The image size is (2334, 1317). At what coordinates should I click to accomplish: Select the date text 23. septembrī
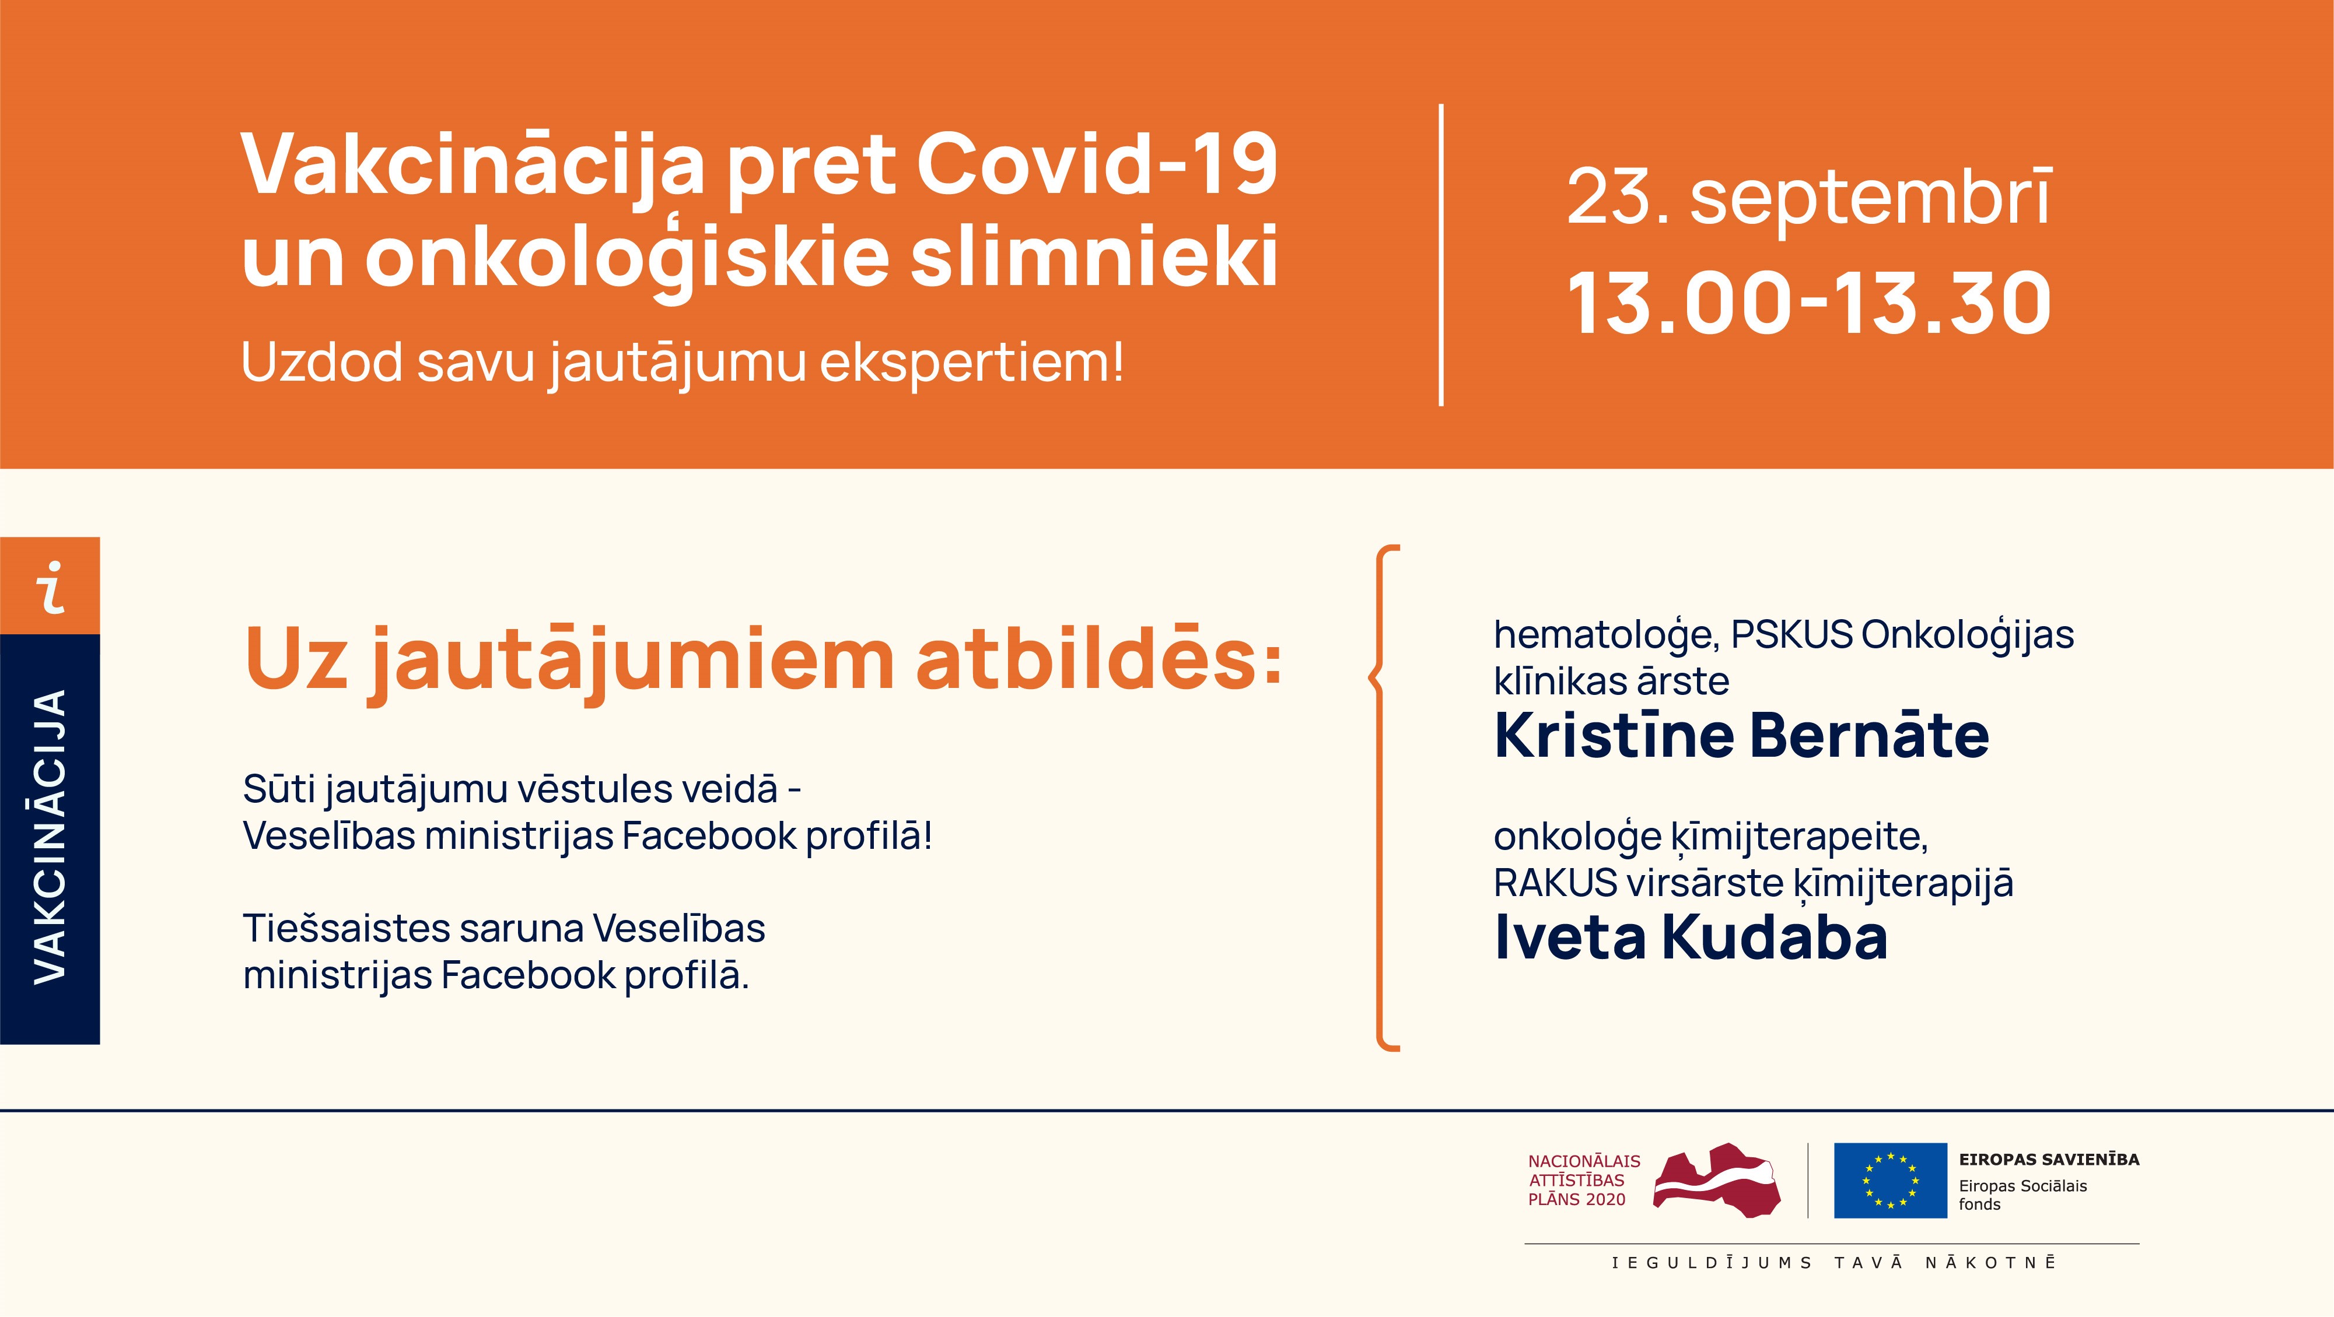pyautogui.click(x=1808, y=196)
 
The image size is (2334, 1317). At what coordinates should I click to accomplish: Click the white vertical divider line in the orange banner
pyautogui.click(x=1441, y=255)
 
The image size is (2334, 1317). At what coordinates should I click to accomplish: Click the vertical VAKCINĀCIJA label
pyautogui.click(x=51, y=837)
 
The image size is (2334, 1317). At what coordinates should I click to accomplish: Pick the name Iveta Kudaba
pyautogui.click(x=1690, y=937)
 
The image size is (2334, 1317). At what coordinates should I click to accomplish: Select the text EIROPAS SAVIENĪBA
pyautogui.click(x=2049, y=1160)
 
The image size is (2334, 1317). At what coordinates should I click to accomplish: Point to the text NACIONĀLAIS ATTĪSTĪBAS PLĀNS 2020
pyautogui.click(x=1584, y=1180)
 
